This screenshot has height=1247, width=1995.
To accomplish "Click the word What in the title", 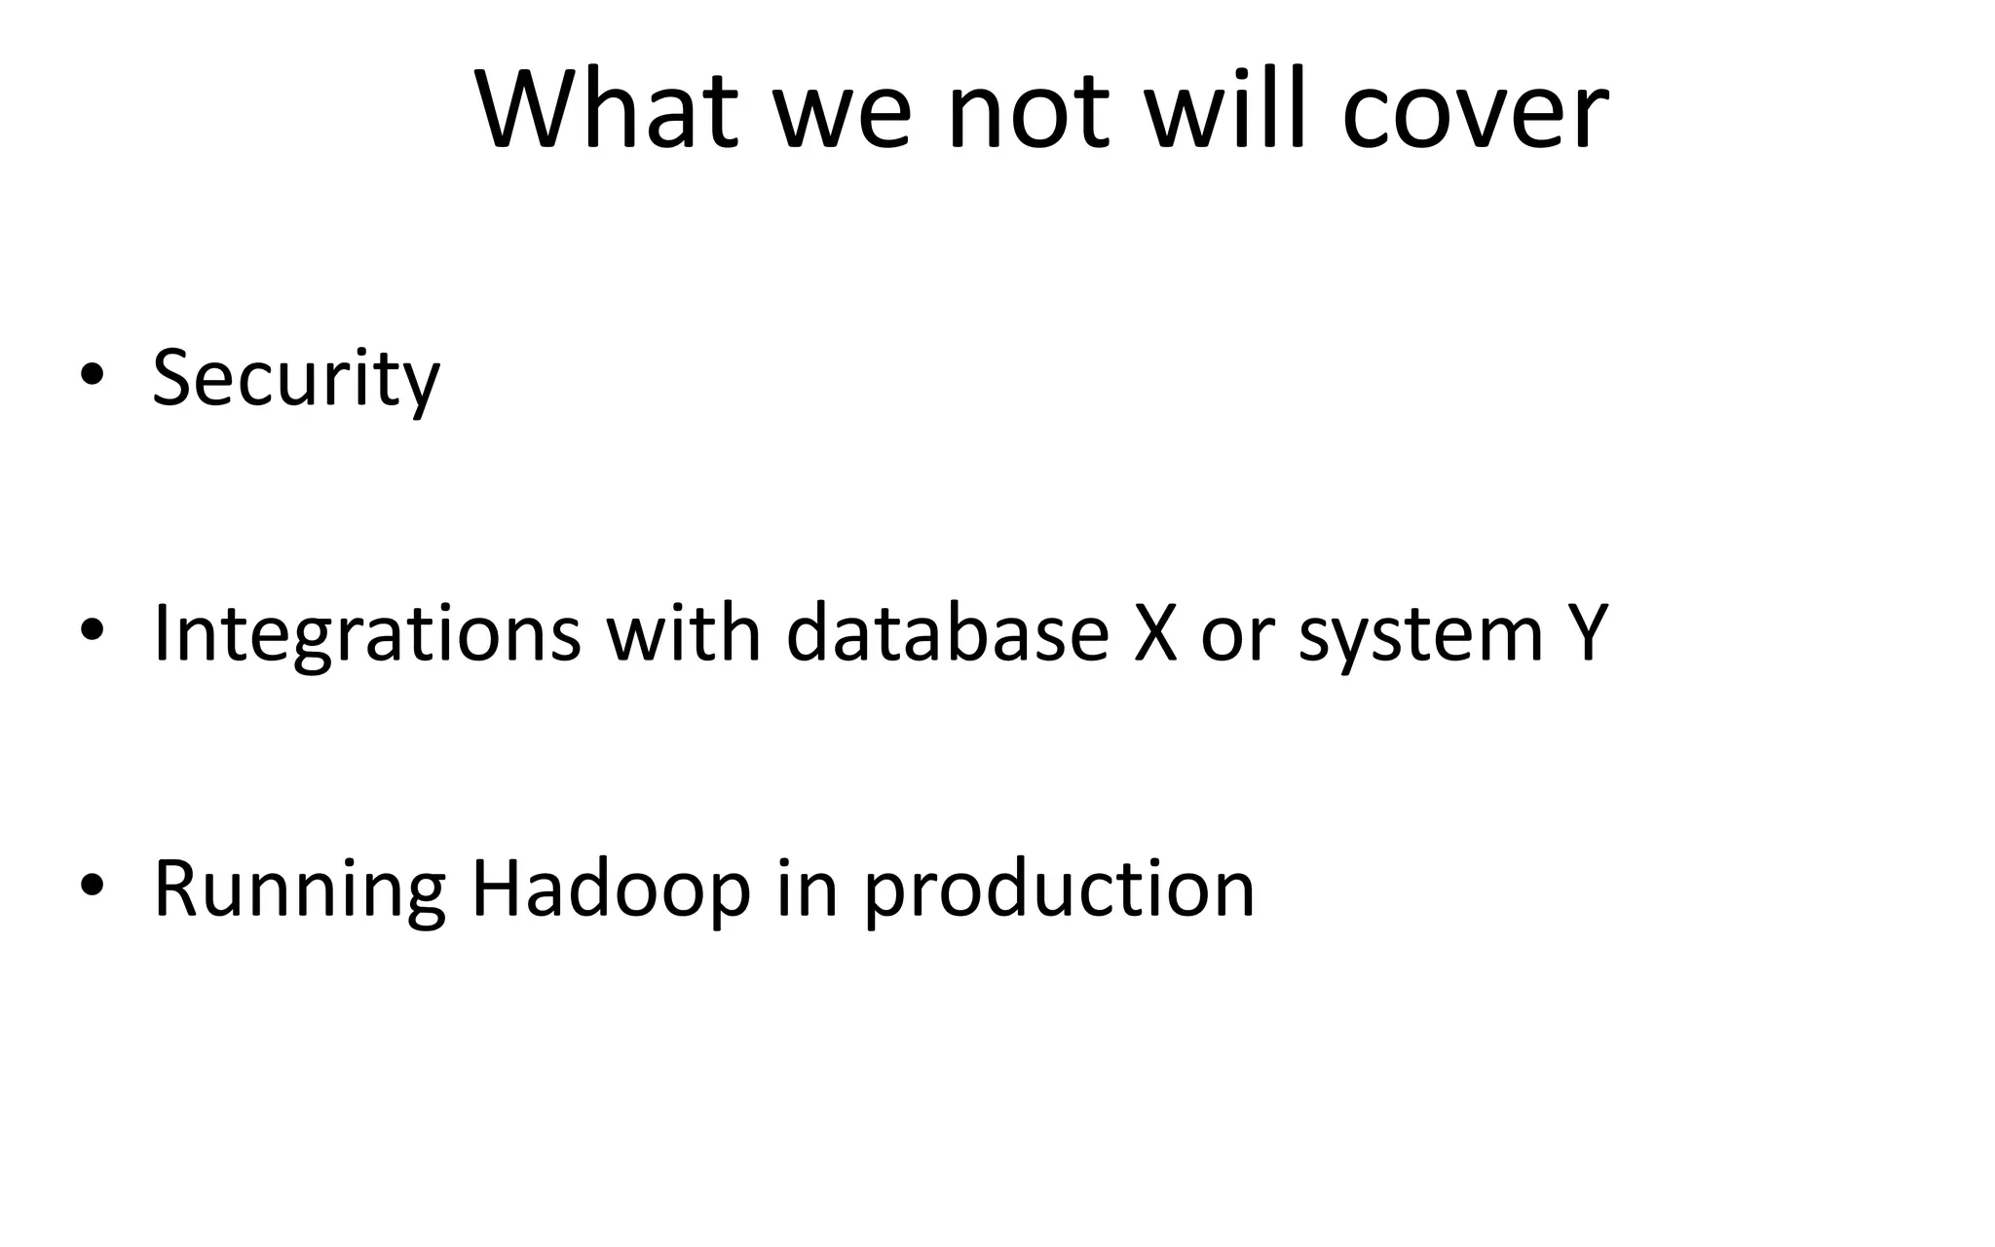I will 606,109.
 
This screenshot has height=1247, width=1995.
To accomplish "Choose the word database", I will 947,633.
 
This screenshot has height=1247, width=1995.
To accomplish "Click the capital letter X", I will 1155,633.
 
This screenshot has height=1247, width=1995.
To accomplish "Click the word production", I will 1059,890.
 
